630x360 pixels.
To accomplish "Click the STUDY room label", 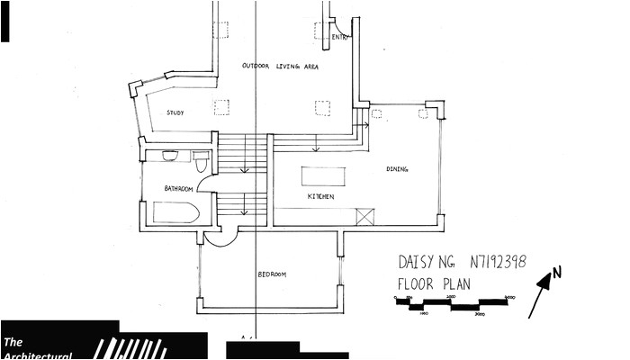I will (175, 112).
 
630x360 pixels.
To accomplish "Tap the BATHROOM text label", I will (179, 189).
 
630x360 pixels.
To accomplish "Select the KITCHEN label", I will (321, 196).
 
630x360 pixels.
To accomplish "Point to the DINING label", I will (397, 169).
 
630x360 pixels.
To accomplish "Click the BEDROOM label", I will (271, 274).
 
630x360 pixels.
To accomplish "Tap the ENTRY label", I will (339, 37).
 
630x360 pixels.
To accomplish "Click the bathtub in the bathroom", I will (175, 213).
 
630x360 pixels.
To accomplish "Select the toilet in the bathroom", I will (201, 161).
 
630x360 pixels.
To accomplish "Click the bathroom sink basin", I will (170, 156).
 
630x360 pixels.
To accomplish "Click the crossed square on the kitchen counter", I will (364, 216).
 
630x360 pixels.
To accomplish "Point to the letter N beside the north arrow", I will (556, 272).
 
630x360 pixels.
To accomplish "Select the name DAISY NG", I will (427, 263).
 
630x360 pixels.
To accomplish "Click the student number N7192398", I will (498, 262).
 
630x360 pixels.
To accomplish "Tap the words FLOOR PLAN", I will (434, 283).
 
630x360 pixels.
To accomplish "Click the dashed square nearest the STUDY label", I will (221, 107).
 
